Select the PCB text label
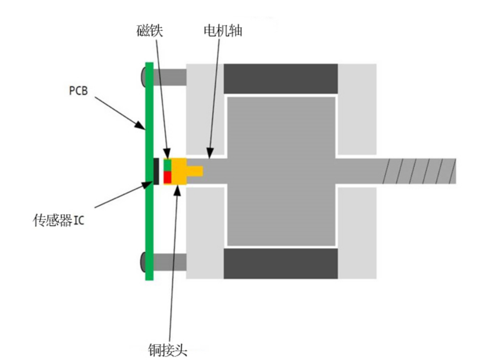[78, 91]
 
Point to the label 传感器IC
[58, 220]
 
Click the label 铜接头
[168, 349]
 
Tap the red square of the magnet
[168, 177]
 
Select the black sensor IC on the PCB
[156, 171]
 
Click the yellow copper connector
[181, 171]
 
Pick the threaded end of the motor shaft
[419, 171]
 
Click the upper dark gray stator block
[281, 79]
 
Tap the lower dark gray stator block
[281, 263]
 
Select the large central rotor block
[281, 171]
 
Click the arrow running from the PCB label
[119, 111]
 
